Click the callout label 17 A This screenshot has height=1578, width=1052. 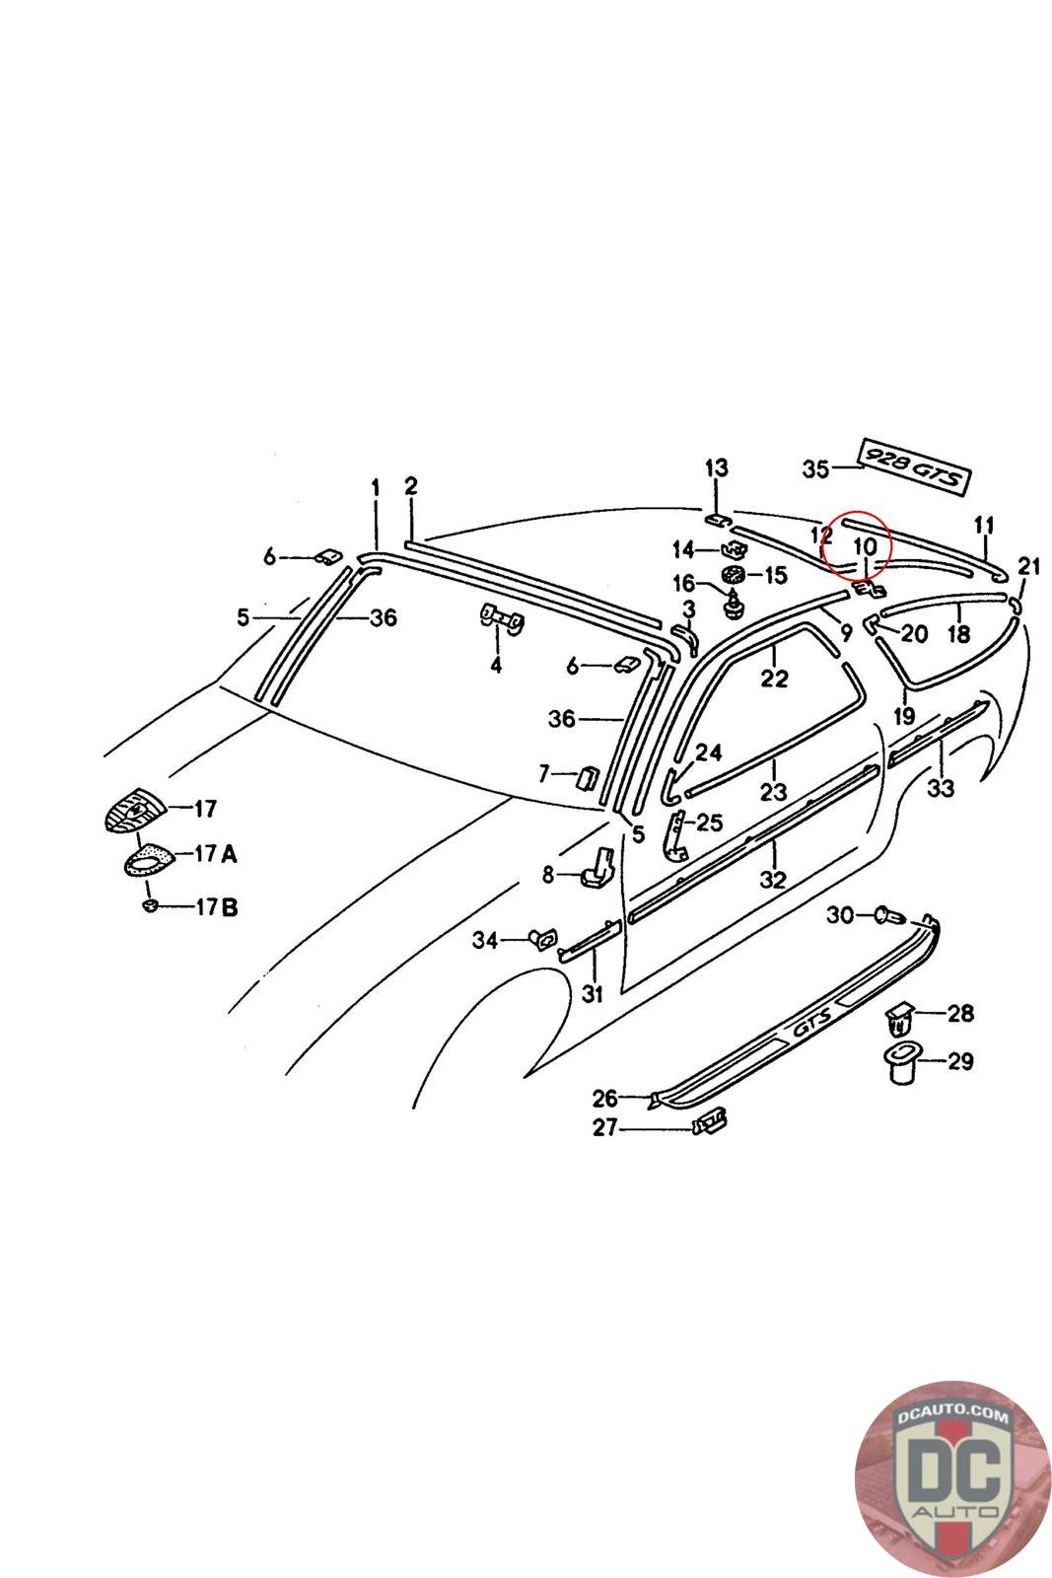(x=215, y=854)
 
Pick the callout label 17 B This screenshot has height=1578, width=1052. (x=216, y=906)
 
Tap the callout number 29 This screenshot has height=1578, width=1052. (x=959, y=1061)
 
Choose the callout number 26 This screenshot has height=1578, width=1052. (x=604, y=1097)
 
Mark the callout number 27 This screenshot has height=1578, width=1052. (x=604, y=1127)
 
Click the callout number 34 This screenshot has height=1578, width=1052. (x=484, y=940)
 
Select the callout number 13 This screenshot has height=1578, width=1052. (x=716, y=467)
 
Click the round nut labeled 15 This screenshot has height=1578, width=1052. (x=733, y=574)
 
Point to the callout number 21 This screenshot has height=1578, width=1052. (x=1028, y=566)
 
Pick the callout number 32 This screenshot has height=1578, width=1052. (x=773, y=879)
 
